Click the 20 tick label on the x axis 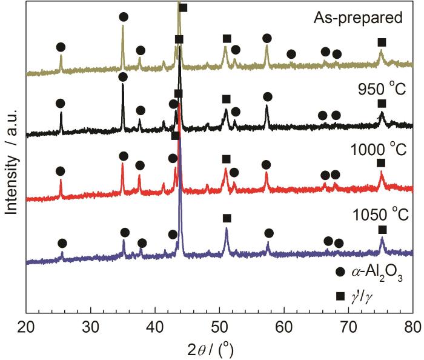coord(26,325)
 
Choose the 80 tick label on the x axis coord(412,325)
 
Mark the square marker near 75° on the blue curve coord(382,230)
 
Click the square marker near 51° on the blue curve coord(227,218)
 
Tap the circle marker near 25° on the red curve coord(59,172)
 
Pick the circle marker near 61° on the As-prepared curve coord(291,55)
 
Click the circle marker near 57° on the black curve coord(268,97)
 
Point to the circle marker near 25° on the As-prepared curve coord(60,47)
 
